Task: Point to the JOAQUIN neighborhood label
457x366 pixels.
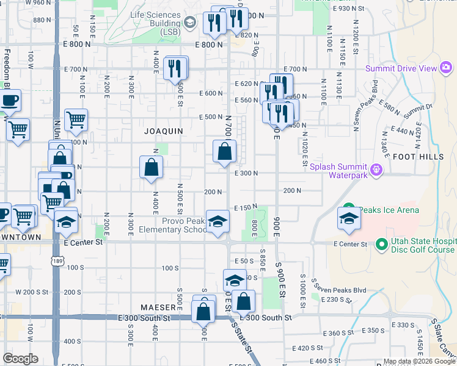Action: point(164,131)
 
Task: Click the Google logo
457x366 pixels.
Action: point(21,359)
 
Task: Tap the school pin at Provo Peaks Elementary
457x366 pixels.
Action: point(217,223)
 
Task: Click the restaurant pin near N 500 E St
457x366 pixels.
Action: point(176,68)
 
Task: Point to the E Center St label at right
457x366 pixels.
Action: point(350,244)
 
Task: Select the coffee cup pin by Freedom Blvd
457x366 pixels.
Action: point(9,99)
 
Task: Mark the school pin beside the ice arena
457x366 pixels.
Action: point(348,220)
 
